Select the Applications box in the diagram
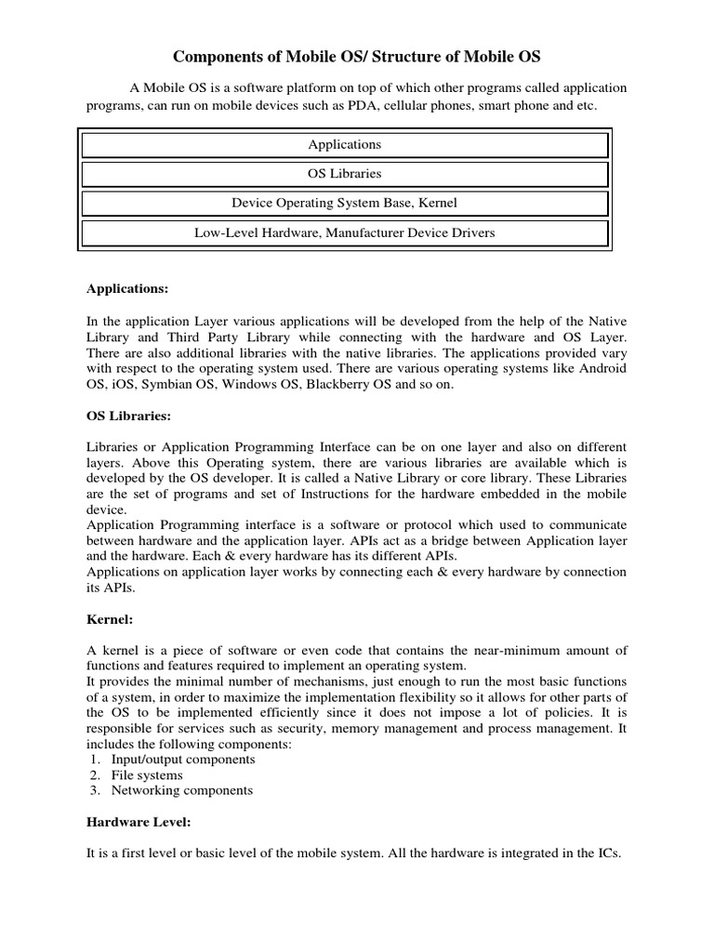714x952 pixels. [344, 145]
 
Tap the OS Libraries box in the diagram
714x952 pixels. [344, 174]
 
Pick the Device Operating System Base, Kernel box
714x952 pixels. [344, 203]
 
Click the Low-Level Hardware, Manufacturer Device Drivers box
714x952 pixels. [344, 232]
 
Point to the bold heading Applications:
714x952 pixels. [127, 289]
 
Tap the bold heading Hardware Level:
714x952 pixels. [139, 822]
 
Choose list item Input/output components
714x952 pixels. [183, 760]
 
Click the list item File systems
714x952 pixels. [147, 775]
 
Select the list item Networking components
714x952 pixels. [181, 790]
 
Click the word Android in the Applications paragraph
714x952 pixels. [604, 369]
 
